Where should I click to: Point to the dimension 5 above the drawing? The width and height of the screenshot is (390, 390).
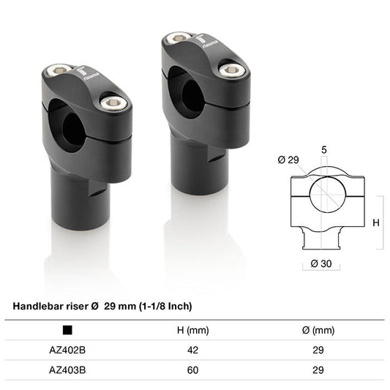click(324, 149)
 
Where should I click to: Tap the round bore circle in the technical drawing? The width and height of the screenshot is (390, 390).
click(324, 195)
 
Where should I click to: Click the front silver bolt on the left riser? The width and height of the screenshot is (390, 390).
click(113, 104)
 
